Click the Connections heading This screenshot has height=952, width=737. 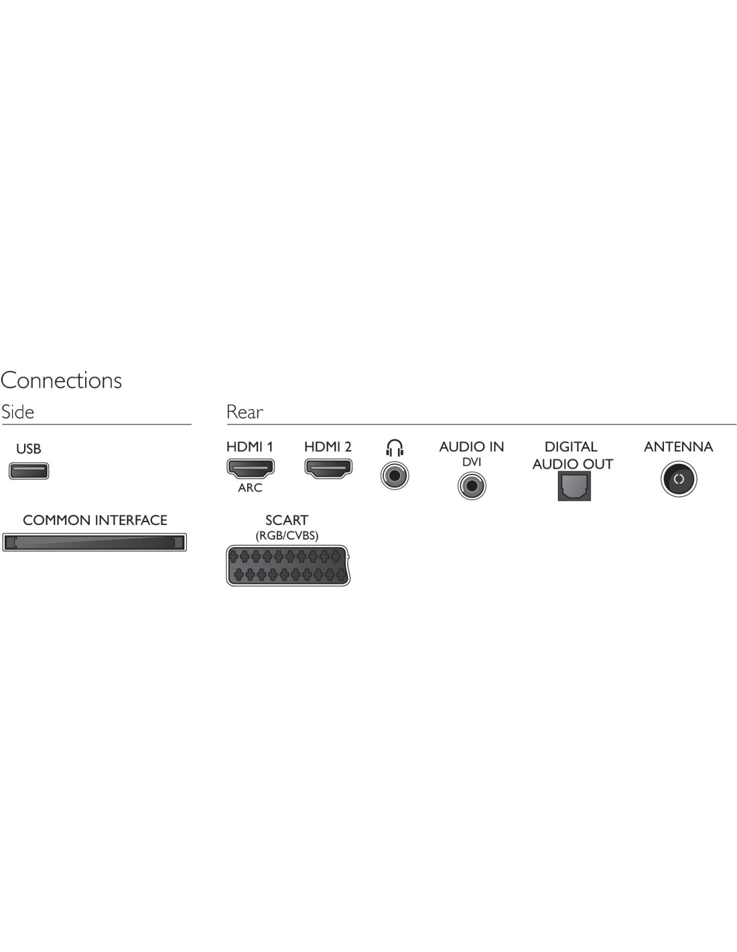coord(62,380)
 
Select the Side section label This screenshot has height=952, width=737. coord(17,412)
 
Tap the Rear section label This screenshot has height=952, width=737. coord(245,412)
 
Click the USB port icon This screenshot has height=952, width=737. coord(29,471)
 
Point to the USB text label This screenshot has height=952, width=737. coord(29,449)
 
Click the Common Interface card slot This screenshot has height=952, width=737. coord(94,542)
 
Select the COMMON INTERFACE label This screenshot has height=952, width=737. coord(95,520)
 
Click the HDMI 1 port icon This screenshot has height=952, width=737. coord(251,469)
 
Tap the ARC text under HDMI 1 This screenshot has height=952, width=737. coord(250,487)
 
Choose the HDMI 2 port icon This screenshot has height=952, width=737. coord(328,469)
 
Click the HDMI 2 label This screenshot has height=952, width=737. coord(328,447)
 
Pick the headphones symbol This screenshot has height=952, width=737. coord(395,448)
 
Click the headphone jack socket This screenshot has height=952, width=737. coord(395,476)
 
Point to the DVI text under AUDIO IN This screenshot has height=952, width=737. coord(472,462)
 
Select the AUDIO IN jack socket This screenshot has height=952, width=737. coord(472,486)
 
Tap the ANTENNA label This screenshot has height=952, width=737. coord(678,447)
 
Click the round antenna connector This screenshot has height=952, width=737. coord(679,479)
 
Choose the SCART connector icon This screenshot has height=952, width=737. coord(288,566)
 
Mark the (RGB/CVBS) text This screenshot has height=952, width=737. coord(287,536)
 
